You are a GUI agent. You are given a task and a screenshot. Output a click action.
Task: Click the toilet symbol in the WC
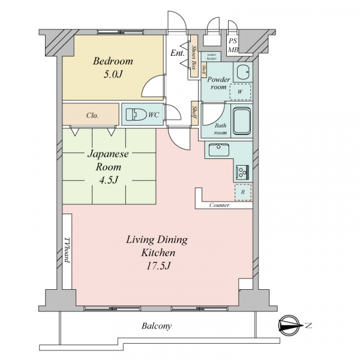137,115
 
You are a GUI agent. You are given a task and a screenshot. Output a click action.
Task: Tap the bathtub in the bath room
242,121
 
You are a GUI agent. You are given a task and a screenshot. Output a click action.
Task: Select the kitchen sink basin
219,149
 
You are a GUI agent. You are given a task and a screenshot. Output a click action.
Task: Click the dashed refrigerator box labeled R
243,192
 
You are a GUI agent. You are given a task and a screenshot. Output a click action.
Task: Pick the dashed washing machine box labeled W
240,92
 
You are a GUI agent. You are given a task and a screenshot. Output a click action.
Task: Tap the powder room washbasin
243,72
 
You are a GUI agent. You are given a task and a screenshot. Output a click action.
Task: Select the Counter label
219,205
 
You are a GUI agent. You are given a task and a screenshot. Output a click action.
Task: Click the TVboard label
67,250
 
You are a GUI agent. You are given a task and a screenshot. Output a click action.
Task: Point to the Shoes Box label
194,57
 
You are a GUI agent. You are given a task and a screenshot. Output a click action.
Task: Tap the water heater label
211,56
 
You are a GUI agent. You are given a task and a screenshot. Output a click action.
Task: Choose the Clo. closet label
92,115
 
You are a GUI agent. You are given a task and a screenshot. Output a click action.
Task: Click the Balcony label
157,326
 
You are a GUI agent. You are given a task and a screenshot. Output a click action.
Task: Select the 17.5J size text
158,266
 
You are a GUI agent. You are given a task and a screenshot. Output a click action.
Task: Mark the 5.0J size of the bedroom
113,74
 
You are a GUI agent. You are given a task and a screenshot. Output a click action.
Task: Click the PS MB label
233,45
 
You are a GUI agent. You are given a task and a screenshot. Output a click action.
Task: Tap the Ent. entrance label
178,53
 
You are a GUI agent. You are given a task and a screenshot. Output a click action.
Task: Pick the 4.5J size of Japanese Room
109,180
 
